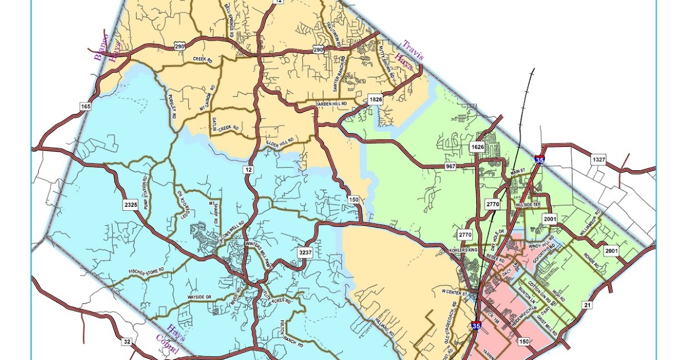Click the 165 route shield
pos(86,106)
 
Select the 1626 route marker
pos(478,147)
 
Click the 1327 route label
pos(599,158)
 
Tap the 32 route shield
pos(126,341)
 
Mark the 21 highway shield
pos(587,305)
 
